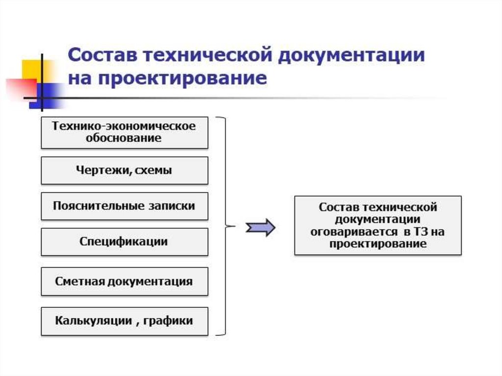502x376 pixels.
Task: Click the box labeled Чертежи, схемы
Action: coord(125,171)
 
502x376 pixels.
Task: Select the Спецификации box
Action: coord(125,242)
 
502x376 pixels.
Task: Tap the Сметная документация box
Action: coord(125,281)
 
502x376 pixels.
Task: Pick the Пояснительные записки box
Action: coord(125,206)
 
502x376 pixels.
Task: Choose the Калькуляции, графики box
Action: coord(125,321)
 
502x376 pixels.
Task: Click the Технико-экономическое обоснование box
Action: coord(125,132)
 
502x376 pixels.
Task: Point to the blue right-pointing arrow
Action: coord(261,228)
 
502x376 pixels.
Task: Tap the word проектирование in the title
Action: coord(183,79)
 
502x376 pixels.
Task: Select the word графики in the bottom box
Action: coord(168,321)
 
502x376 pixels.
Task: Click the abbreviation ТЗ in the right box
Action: coord(421,231)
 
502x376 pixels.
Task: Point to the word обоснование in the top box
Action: coord(124,138)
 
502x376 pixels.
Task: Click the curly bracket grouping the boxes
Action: coord(226,226)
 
